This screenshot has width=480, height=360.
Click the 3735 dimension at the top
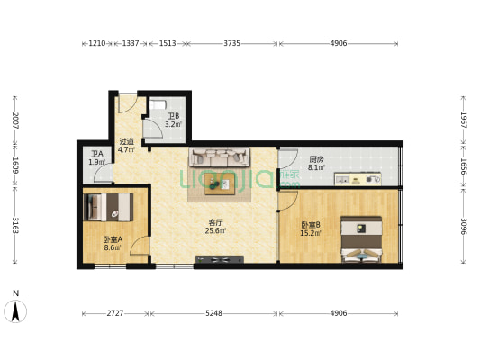(231, 43)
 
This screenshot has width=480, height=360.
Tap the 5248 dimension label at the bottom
(213, 313)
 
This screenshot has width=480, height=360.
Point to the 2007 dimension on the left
(15, 121)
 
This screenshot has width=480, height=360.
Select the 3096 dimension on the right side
(464, 226)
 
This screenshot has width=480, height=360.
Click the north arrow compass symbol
(15, 311)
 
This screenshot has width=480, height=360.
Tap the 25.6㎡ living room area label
(215, 230)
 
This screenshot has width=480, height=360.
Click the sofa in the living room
(219, 157)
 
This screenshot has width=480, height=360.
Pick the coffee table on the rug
(220, 184)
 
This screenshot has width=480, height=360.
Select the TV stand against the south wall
(220, 259)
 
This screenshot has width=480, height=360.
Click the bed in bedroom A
(108, 207)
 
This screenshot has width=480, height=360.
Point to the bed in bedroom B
(361, 239)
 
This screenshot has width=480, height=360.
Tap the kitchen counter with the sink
(358, 179)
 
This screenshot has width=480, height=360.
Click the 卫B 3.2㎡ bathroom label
(173, 121)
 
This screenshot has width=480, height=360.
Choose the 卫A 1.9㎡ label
(97, 158)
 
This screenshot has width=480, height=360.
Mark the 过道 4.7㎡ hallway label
(126, 146)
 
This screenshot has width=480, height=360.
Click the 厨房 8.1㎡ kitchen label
(316, 163)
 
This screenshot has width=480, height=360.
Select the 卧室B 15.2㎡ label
(311, 229)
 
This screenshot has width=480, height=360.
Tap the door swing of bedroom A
(140, 246)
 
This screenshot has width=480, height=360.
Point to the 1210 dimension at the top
(97, 43)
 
